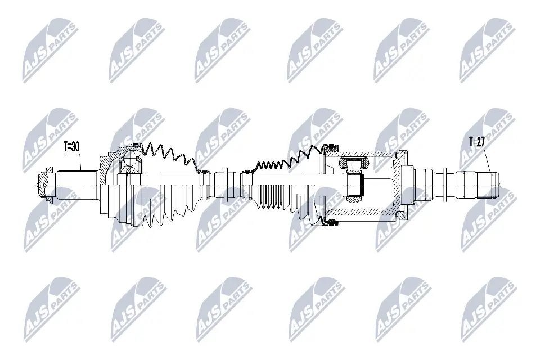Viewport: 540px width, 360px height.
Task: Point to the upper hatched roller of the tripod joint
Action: (x=352, y=164)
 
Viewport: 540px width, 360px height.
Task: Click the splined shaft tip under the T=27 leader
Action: (x=487, y=183)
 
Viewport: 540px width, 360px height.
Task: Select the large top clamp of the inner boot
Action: (x=325, y=147)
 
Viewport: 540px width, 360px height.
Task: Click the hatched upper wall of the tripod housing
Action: (x=366, y=154)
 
